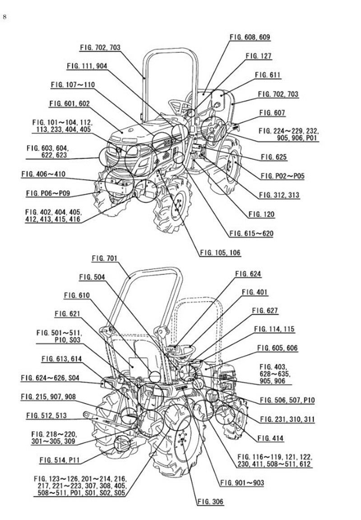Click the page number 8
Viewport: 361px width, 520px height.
pyautogui.click(x=5, y=17)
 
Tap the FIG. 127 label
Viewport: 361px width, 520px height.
pyautogui.click(x=259, y=56)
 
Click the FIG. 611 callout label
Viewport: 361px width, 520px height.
pyautogui.click(x=268, y=75)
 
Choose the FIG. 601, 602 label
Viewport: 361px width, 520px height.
pyautogui.click(x=69, y=104)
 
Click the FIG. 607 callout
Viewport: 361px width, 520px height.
pyautogui.click(x=272, y=113)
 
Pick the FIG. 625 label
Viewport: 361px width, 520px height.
pyautogui.click(x=274, y=157)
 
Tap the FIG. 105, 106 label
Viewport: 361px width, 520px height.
pyautogui.click(x=220, y=253)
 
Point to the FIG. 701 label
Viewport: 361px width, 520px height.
pyautogui.click(x=104, y=258)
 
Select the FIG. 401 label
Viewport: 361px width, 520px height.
pyautogui.click(x=255, y=292)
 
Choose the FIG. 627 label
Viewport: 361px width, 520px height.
pyautogui.click(x=265, y=311)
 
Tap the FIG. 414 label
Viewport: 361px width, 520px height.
pyautogui.click(x=270, y=438)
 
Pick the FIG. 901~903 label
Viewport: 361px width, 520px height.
pyautogui.click(x=242, y=483)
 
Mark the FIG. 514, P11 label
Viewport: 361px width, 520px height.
pyautogui.click(x=59, y=460)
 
